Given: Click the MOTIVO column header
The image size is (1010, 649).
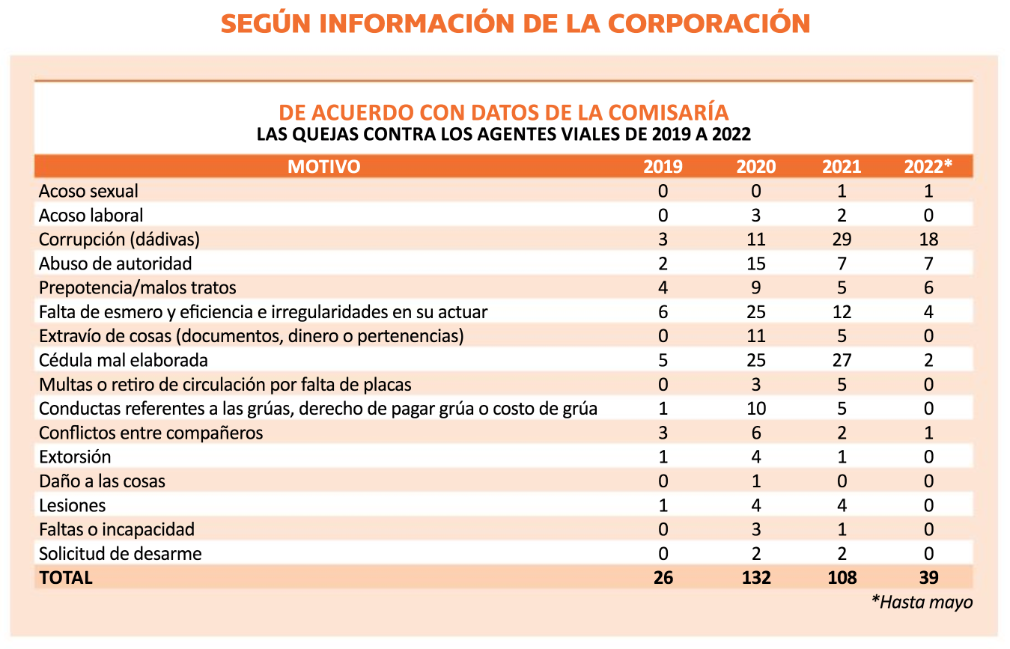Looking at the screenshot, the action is click(323, 167).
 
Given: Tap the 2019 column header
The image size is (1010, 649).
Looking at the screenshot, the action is click(663, 167).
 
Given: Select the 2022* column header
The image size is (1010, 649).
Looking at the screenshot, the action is click(928, 166).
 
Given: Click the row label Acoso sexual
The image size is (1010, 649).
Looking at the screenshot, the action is click(88, 191).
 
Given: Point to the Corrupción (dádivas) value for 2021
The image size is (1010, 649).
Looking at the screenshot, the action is click(842, 240).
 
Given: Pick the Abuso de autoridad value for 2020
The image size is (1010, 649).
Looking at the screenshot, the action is click(756, 263).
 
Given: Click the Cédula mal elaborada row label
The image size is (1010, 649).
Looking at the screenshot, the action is click(123, 360).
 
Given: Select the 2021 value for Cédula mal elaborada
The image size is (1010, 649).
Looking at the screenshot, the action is click(842, 360).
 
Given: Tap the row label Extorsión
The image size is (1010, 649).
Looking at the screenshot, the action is click(75, 457).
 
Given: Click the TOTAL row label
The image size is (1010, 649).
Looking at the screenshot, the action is click(66, 578).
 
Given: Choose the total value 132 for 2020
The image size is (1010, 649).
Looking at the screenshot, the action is click(756, 578).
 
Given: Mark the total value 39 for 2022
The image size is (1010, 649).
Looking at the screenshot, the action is click(929, 578).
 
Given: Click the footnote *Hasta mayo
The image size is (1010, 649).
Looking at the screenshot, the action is click(922, 602).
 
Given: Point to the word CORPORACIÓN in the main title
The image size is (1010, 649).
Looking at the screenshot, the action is click(709, 23).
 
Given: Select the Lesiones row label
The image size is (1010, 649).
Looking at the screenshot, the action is click(72, 505).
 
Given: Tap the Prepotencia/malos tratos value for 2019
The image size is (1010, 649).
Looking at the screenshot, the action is click(663, 287).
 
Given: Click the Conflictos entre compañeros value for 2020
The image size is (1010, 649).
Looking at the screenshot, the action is click(756, 433).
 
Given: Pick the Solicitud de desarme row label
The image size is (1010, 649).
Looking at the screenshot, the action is click(121, 553).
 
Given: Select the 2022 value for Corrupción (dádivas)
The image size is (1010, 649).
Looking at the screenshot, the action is click(929, 240).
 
